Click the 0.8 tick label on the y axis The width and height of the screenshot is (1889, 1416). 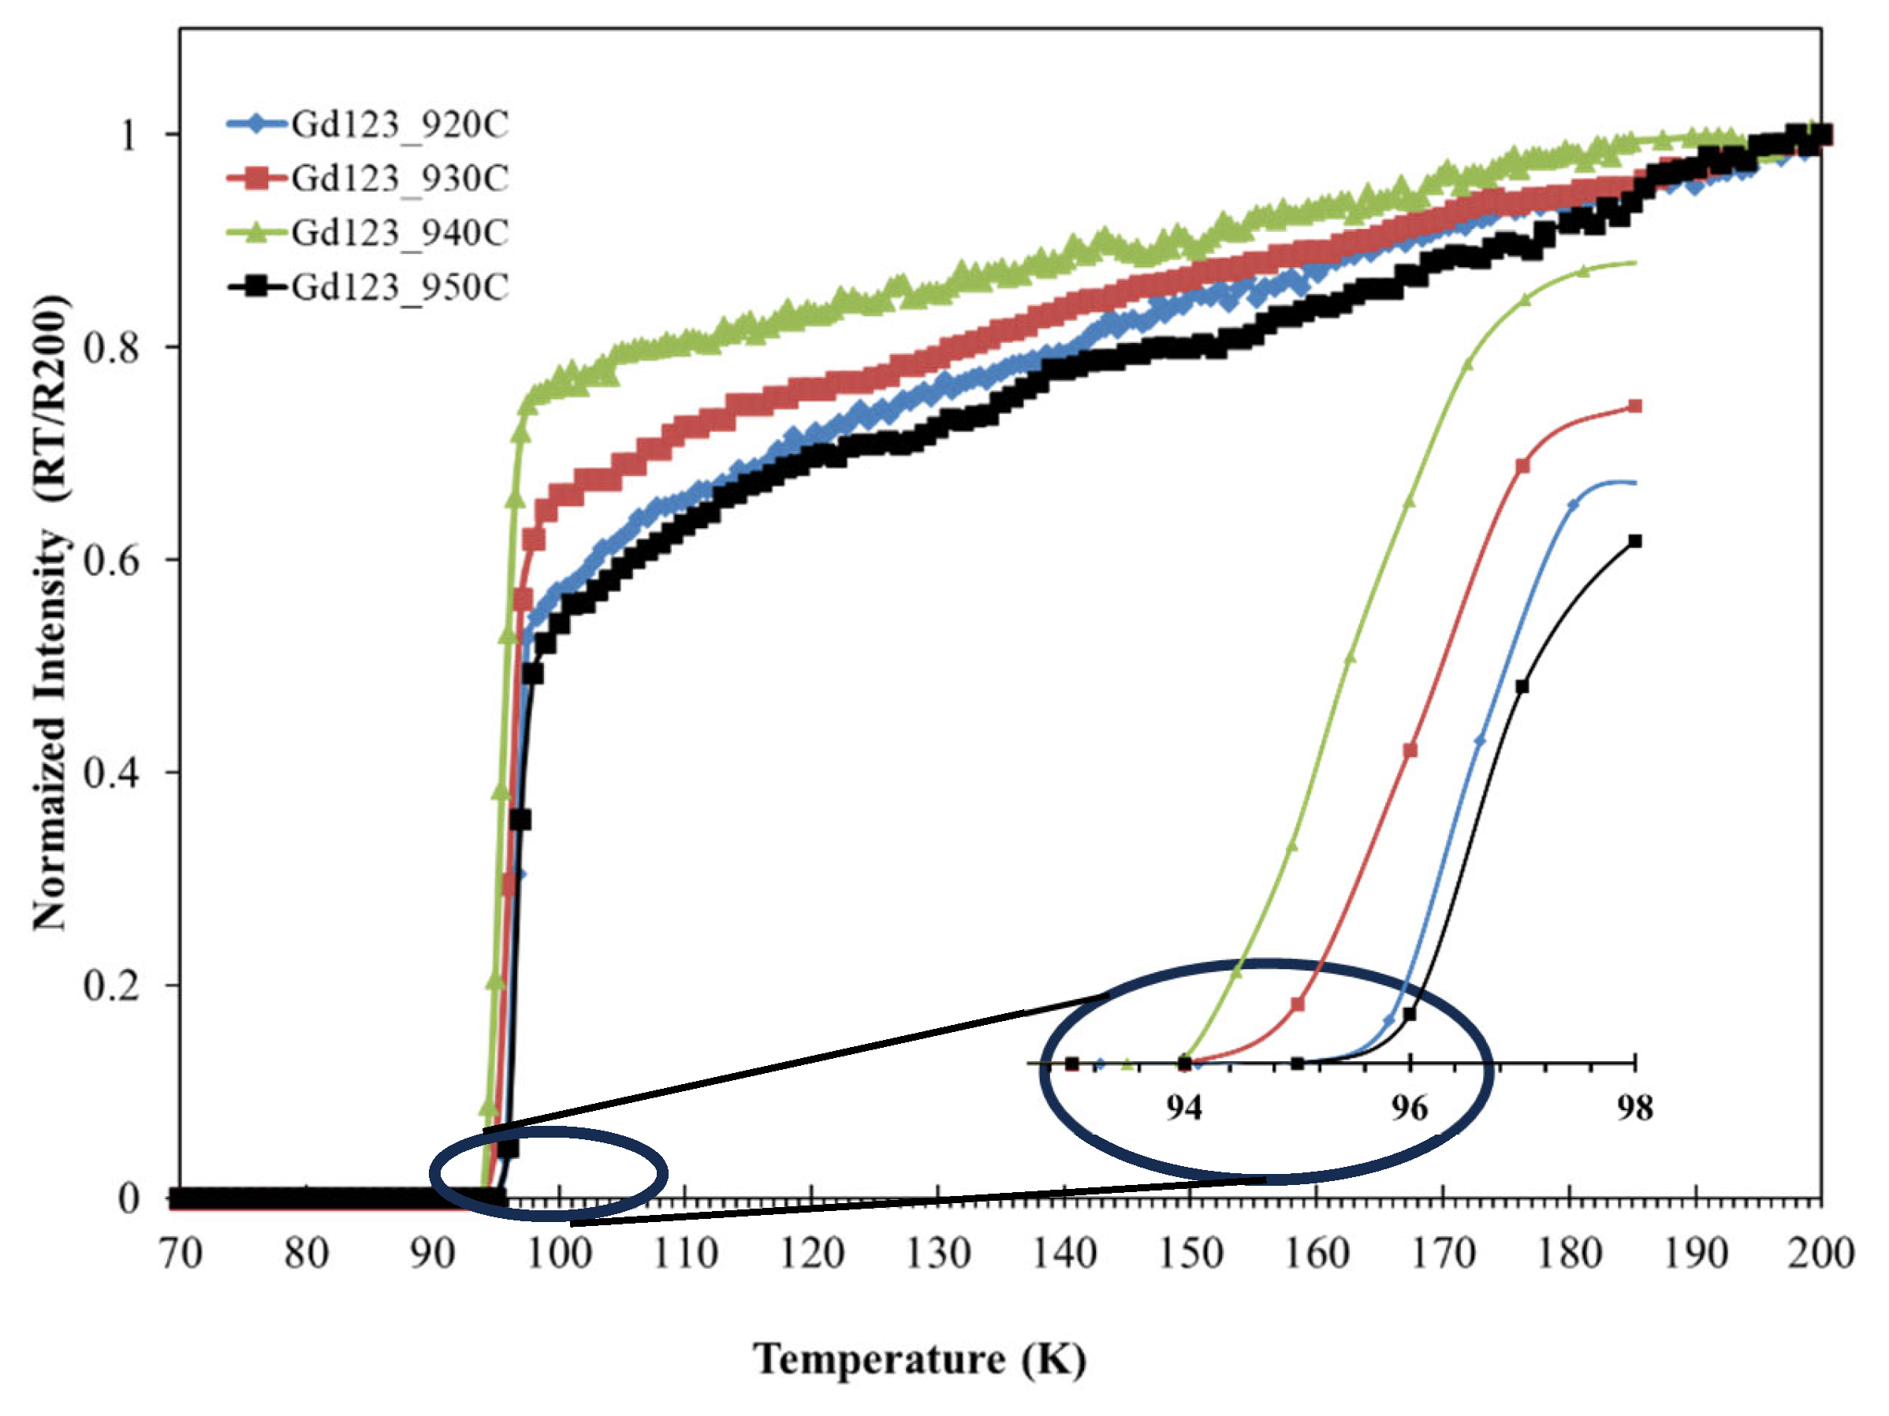point(112,348)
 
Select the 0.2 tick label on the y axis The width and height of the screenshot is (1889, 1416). point(112,985)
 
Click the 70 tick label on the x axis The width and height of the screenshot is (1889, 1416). point(181,1254)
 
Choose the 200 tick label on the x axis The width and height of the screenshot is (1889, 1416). point(1820,1254)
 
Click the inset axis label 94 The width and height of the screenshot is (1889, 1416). point(1183,1109)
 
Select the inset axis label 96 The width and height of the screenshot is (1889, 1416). point(1409,1109)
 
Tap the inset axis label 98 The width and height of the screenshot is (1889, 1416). point(1634,1109)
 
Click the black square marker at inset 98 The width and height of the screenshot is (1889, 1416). point(1635,542)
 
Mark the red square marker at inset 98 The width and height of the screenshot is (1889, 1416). point(1635,407)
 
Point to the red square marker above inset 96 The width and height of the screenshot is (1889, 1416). point(1410,750)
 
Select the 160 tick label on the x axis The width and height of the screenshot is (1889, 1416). point(1316,1254)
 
